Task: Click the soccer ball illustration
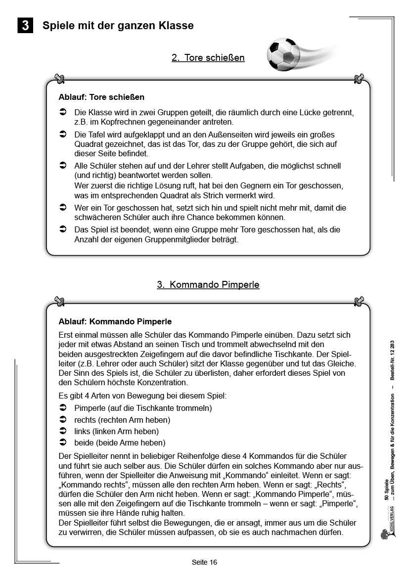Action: [x=283, y=53]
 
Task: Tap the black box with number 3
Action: [x=25, y=25]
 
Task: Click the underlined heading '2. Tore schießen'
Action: [x=208, y=58]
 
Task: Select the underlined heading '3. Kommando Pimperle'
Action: [x=208, y=285]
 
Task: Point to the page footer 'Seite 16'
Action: [x=204, y=562]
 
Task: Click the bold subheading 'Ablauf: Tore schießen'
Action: [x=101, y=97]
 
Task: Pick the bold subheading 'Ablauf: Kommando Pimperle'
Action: [x=115, y=322]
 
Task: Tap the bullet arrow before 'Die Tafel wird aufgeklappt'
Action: [x=63, y=134]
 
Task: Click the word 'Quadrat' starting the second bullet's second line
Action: [x=89, y=144]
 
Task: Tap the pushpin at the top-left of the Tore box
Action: [x=59, y=79]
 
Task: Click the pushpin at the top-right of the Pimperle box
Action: [x=359, y=301]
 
